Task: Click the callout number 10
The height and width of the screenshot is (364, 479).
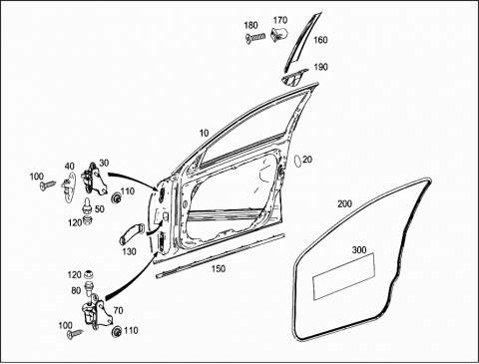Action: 204,133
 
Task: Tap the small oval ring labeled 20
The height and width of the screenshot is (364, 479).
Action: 296,161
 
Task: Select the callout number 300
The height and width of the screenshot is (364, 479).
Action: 359,249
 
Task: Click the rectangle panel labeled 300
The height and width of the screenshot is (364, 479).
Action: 344,276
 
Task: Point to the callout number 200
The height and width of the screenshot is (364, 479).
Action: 344,203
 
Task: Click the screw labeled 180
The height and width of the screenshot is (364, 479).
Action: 255,37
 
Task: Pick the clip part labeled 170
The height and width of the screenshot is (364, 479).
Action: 279,34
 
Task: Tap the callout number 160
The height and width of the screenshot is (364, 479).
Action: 320,40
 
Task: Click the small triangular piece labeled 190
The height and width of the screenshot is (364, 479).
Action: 292,79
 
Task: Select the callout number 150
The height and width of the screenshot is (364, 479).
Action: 219,268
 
